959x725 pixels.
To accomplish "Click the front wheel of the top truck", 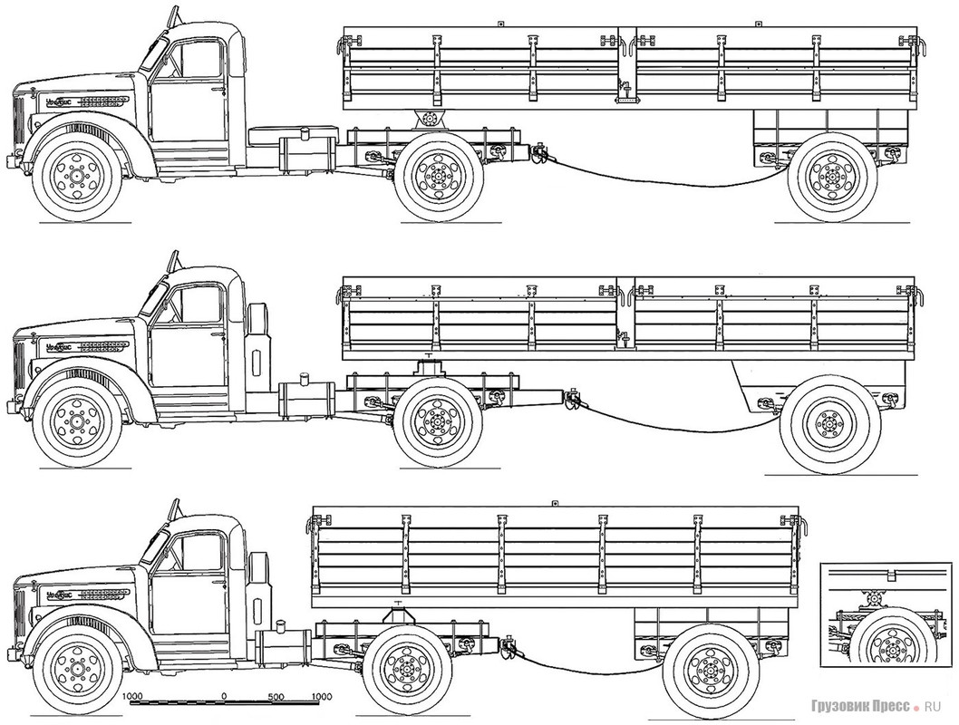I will pos(76,175).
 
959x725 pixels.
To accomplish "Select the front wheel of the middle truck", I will pos(76,422).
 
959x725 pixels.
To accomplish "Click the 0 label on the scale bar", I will pos(224,697).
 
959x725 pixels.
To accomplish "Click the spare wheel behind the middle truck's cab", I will pos(257,339).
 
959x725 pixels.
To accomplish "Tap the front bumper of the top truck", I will pos(15,161).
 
